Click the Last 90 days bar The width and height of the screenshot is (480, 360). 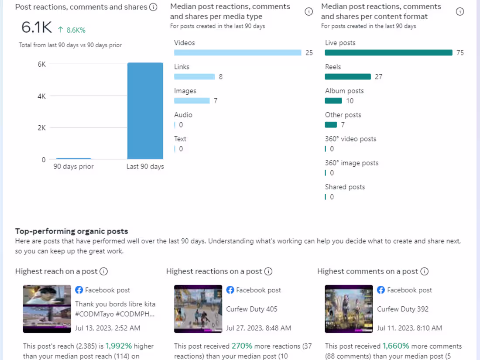(145, 111)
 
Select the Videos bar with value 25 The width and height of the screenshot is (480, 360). (237, 53)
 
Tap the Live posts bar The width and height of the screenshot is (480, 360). (388, 53)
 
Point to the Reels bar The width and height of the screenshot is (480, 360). (348, 77)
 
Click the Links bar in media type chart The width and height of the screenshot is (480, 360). (194, 77)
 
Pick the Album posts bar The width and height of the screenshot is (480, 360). (333, 101)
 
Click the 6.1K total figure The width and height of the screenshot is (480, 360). (37, 28)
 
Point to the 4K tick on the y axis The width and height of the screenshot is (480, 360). (41, 96)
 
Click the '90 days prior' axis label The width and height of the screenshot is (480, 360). (74, 166)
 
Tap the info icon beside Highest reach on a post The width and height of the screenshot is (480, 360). (104, 271)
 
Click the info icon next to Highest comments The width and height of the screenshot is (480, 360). (424, 271)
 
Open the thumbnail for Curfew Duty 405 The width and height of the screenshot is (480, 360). (198, 309)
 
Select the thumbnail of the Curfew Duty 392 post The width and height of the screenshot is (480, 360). (349, 309)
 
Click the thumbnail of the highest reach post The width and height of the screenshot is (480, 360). (47, 309)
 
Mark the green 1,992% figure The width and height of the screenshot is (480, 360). (119, 346)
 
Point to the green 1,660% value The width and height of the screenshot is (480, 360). (396, 346)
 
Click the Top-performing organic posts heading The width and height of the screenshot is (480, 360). (72, 231)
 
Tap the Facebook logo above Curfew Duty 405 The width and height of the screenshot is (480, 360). (230, 290)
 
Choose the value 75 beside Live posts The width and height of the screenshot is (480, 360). (460, 53)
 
